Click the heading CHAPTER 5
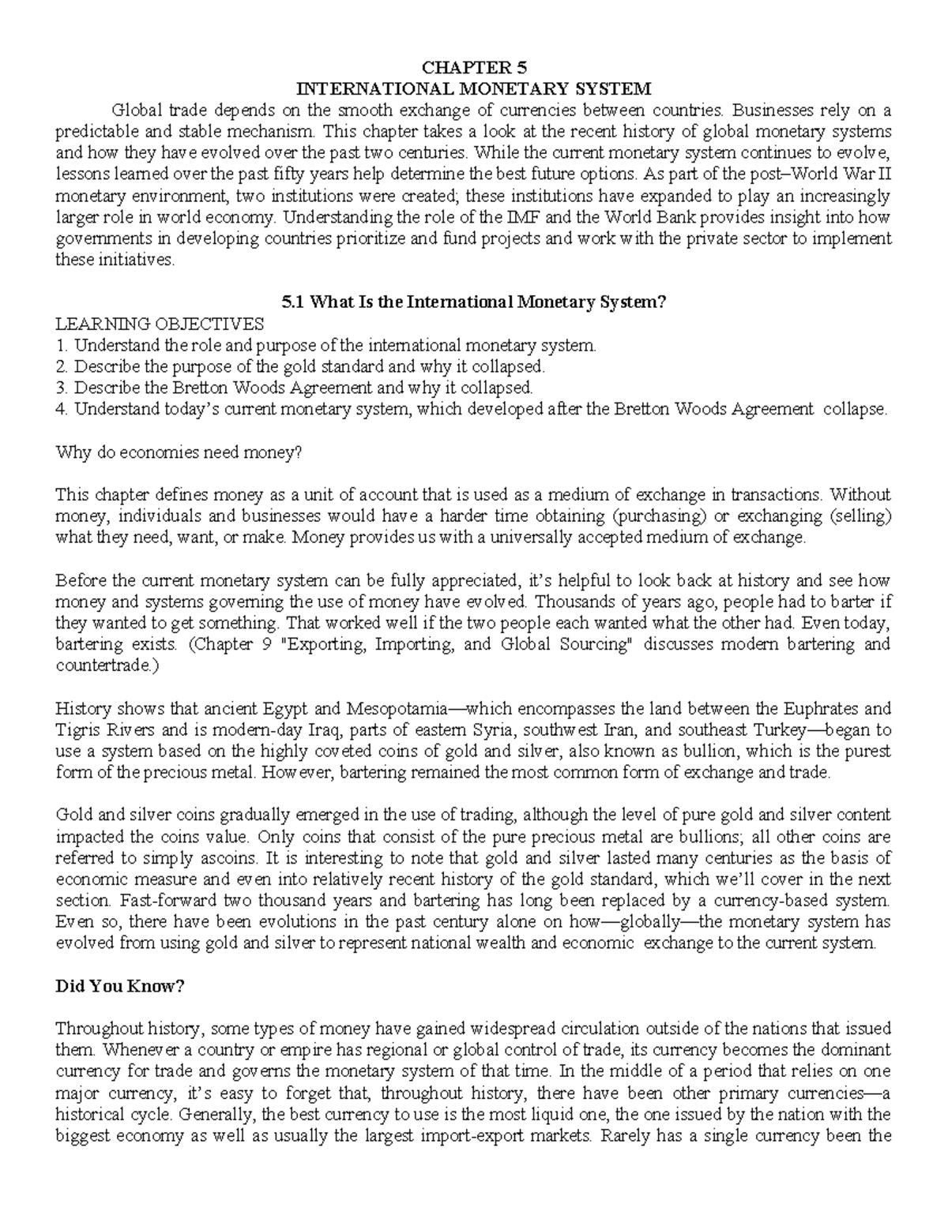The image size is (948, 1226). pos(473,66)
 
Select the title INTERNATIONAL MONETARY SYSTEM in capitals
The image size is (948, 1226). pos(473,88)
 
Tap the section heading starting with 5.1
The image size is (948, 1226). pos(474,302)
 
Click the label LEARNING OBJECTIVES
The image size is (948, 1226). pos(160,324)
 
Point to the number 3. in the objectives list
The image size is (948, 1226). pos(62,388)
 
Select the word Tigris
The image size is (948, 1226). pos(76,729)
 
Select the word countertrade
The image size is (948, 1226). pos(103,665)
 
